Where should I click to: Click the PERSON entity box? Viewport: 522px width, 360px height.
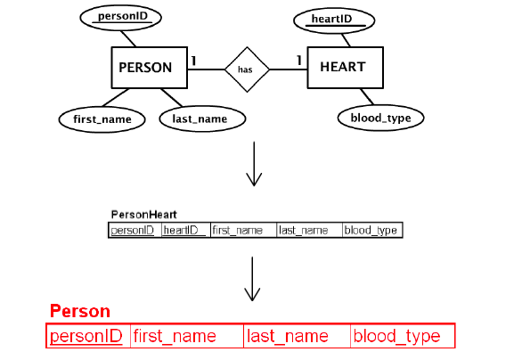145,67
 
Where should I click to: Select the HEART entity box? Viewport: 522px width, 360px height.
342,67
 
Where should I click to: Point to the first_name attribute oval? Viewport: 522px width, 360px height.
102,119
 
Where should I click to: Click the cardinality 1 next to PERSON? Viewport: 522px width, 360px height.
194,60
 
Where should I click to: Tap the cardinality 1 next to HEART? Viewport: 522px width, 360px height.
298,60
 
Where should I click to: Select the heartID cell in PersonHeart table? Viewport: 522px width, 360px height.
185,231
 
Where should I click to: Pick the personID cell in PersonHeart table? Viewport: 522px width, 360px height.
134,231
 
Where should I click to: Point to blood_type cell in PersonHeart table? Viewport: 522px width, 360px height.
372,231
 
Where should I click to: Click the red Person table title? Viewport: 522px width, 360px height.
80,312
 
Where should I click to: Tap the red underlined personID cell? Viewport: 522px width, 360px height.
86,337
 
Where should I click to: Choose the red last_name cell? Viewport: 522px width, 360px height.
297,337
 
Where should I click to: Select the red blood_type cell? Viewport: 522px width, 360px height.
402,337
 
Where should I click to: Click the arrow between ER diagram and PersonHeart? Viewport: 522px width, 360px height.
255,165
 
